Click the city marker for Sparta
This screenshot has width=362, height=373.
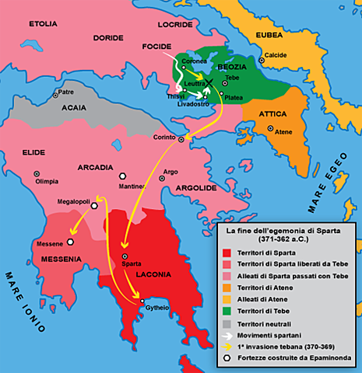pyautogui.click(x=124, y=256)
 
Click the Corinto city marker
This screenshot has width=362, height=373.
pyautogui.click(x=181, y=140)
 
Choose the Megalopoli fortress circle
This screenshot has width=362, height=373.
pyautogui.click(x=95, y=206)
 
